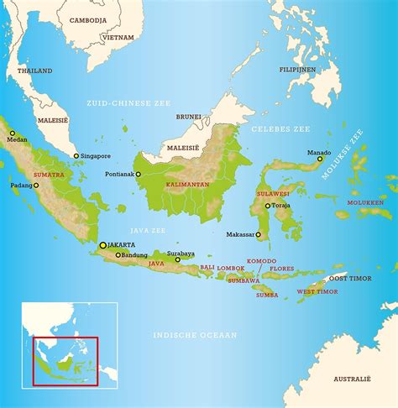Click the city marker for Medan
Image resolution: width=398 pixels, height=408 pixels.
coord(13,132)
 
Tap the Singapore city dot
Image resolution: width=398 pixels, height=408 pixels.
coord(76,156)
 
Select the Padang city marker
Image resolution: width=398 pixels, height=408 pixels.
coord(36,186)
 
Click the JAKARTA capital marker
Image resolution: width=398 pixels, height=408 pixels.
coord(103,245)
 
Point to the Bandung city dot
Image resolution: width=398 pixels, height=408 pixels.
coord(117,254)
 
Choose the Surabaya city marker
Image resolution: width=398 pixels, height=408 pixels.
coord(177,260)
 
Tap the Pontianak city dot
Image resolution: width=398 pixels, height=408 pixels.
coord(139,175)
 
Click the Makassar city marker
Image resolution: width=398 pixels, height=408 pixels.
coord(259,235)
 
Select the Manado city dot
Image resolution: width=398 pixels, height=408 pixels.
coord(320,159)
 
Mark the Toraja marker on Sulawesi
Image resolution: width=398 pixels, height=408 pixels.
coord(268,206)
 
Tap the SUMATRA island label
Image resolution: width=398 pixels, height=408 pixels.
coord(48,175)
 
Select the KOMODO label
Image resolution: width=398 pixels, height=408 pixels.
coord(261,261)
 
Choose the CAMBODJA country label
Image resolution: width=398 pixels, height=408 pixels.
coord(88,19)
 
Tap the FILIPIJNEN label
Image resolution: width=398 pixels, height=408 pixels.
coord(297,69)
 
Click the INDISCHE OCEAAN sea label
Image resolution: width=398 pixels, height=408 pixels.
coord(195,334)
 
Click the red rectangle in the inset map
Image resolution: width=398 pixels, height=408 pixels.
coord(65,361)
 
